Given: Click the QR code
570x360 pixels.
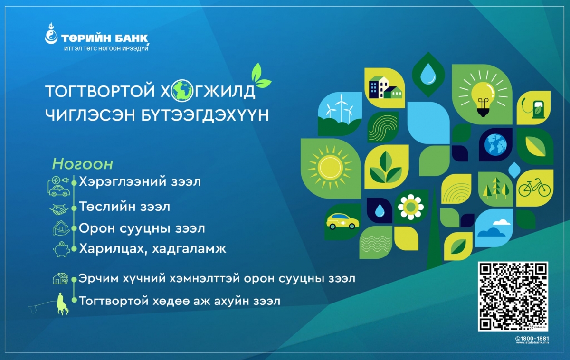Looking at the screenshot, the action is pyautogui.click(x=513, y=296).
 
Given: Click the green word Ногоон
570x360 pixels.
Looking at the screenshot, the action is pyautogui.click(x=83, y=164).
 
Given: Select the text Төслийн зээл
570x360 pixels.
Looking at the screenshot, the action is pyautogui.click(x=124, y=206).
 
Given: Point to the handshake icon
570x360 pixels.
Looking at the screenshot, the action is pyautogui.click(x=59, y=209).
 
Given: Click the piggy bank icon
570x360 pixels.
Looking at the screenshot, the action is pyautogui.click(x=61, y=249).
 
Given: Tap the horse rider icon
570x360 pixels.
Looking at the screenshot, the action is pyautogui.click(x=62, y=304).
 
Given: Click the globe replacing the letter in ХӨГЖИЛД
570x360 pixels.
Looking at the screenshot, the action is pyautogui.click(x=182, y=91).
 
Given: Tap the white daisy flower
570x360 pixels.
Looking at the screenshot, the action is pyautogui.click(x=411, y=207).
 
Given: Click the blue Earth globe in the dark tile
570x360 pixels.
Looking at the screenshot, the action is pyautogui.click(x=495, y=144).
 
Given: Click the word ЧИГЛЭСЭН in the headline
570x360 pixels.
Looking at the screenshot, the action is pyautogui.click(x=90, y=115).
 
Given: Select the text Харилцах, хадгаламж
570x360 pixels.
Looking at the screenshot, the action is pyautogui.click(x=152, y=249).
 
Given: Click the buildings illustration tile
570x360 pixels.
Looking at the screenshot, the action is pyautogui.click(x=385, y=88).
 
